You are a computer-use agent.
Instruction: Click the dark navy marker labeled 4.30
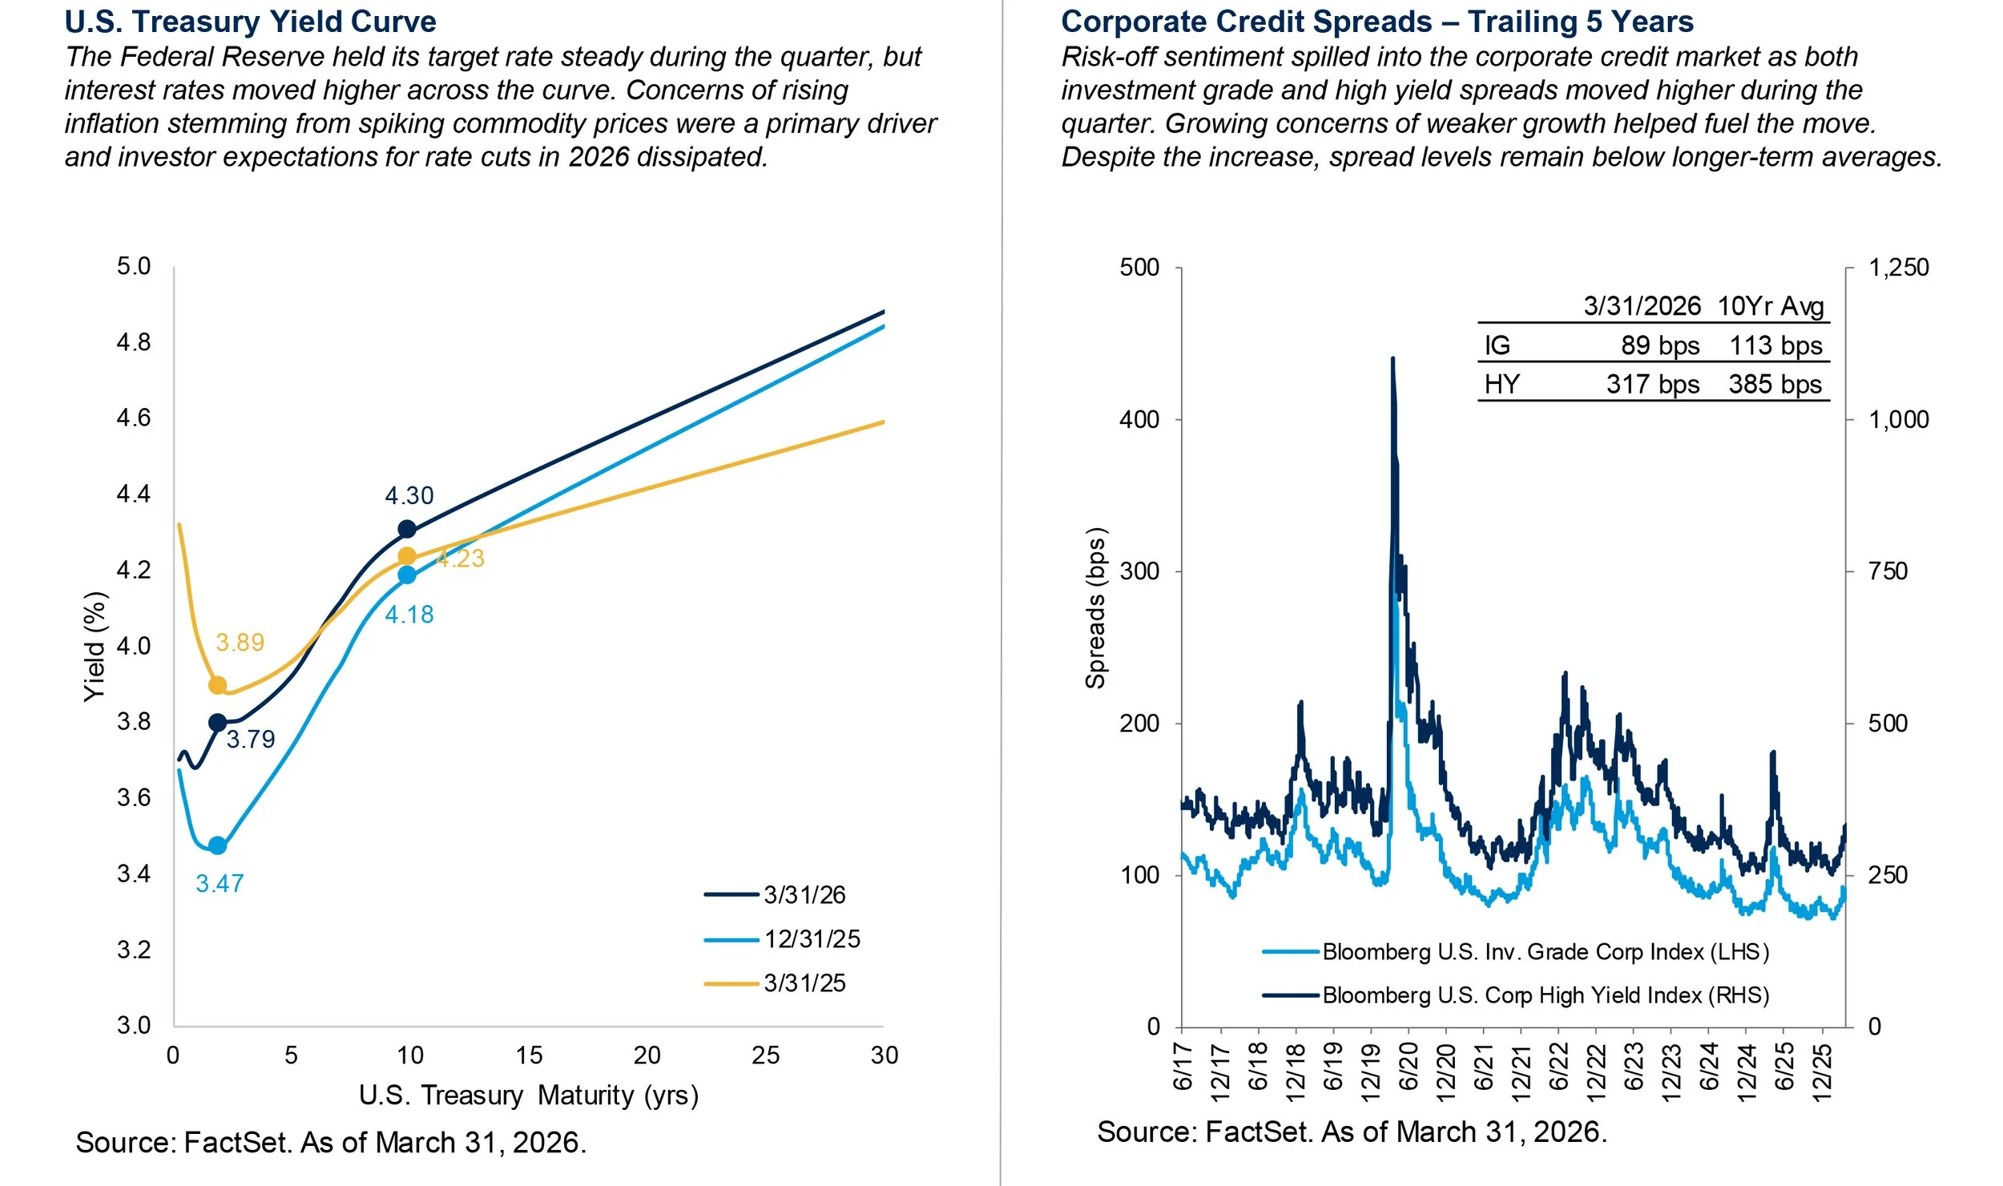[x=407, y=529]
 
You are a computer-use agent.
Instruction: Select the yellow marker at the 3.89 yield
[x=217, y=685]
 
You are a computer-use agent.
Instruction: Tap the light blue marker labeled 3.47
[x=217, y=845]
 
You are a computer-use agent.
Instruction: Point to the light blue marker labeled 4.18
[x=407, y=575]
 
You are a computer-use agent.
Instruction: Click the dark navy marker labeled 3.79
[x=217, y=723]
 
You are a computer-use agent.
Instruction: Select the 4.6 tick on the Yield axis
[x=134, y=418]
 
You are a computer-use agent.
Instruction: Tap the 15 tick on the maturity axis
[x=529, y=1055]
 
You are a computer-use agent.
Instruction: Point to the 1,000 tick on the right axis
[x=1898, y=419]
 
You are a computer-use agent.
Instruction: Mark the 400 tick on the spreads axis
[x=1139, y=419]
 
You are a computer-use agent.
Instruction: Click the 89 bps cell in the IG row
[x=1659, y=345]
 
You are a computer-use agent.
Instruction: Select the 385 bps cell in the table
[x=1775, y=384]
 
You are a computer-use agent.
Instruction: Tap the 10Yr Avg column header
[x=1771, y=306]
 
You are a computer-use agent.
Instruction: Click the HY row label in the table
[x=1501, y=384]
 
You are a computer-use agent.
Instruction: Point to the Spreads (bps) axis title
[x=1095, y=608]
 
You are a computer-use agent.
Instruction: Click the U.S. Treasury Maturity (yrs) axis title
[x=529, y=1095]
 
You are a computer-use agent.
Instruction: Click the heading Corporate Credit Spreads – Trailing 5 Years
[x=1377, y=22]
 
